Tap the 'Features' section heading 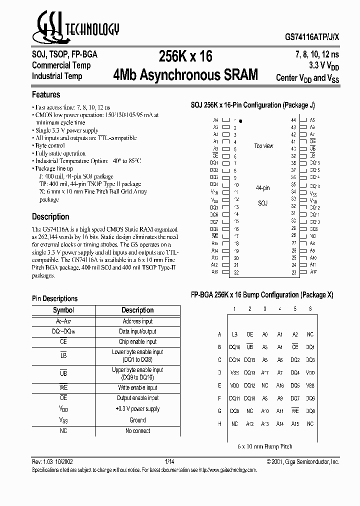point(46,94)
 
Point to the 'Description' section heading point(50,216)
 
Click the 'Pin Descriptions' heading point(55,298)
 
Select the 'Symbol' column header point(63,310)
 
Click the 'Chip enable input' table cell point(137,342)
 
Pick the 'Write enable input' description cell point(137,388)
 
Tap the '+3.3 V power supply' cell point(137,409)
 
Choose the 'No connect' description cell point(137,431)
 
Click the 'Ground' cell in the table point(137,420)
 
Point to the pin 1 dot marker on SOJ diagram point(240,121)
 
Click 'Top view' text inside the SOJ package point(263,146)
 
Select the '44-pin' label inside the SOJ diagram point(262,188)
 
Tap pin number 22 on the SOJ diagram point(235,272)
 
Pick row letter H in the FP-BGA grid point(219,423)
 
